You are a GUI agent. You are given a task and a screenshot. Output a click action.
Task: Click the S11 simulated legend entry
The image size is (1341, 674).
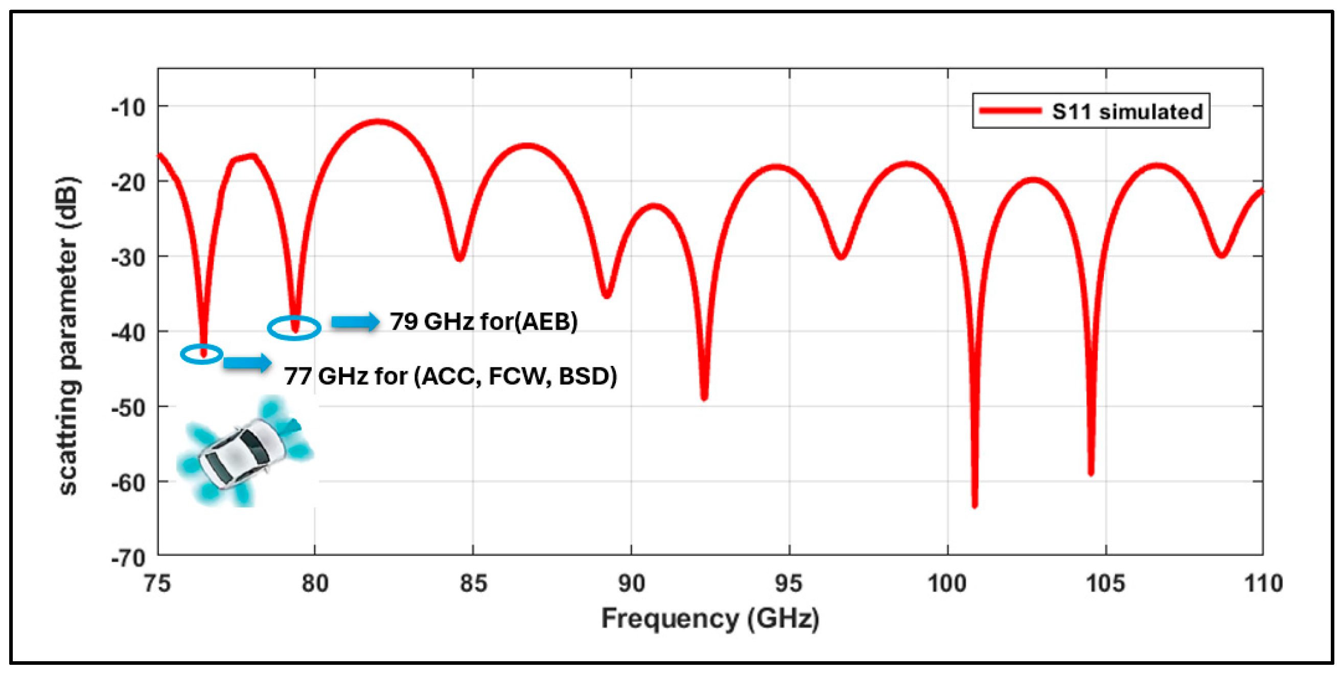point(1091,111)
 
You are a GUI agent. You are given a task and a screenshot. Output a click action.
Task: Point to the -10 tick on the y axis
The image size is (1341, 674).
point(128,108)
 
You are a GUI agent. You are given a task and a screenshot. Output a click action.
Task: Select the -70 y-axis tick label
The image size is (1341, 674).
point(128,559)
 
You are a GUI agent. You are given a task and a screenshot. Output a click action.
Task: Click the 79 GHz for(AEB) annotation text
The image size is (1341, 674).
point(483,321)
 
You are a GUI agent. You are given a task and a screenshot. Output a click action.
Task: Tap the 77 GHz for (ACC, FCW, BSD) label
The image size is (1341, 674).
point(450,376)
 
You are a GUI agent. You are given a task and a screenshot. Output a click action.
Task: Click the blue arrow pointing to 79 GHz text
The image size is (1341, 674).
point(356,322)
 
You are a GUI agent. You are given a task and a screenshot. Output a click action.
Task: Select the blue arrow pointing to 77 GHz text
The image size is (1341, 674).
point(248,362)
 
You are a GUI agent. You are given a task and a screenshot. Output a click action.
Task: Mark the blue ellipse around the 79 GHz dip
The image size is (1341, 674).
point(294,328)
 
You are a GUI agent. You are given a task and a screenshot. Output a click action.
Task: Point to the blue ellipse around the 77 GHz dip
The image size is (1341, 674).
point(202,355)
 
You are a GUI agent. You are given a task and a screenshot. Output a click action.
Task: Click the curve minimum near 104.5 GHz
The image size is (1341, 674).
point(1091,473)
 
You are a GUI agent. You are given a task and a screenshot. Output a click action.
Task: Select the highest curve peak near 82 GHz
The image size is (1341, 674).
point(378,122)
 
